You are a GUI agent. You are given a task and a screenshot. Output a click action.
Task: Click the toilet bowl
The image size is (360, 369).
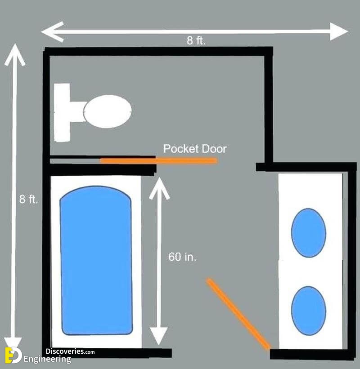pos(108,111)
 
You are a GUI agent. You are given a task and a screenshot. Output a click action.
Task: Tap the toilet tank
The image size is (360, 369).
pos(62,112)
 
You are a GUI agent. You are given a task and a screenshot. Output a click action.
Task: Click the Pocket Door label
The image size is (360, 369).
pos(195,149)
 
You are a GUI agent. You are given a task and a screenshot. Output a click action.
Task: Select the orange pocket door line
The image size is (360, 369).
pos(158,161)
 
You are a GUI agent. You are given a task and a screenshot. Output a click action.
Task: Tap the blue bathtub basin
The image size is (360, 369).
pos(96,260)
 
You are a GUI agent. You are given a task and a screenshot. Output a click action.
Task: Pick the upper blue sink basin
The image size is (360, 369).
pos(309,233)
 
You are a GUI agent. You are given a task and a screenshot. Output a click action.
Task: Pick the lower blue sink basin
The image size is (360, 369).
pos(309,311)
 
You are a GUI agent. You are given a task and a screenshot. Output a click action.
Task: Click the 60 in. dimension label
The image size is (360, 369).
pos(182,257)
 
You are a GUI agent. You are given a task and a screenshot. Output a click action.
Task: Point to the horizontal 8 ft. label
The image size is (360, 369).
pos(196,40)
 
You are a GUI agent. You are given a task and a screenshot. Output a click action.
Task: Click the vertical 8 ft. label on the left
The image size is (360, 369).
pos(28,199)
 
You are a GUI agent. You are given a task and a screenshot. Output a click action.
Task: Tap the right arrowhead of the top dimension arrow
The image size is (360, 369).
pos(339,31)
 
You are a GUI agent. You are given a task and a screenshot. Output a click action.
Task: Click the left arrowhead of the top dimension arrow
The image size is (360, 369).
pos(52,32)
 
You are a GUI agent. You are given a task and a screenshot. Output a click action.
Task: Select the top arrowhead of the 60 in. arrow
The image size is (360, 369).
pos(159,188)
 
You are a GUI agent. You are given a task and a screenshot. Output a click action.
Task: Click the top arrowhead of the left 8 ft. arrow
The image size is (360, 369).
pos(15,54)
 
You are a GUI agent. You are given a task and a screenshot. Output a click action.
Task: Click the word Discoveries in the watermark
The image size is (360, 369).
pos(65,351)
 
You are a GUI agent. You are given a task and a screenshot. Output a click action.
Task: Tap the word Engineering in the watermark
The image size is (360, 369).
pos(47,360)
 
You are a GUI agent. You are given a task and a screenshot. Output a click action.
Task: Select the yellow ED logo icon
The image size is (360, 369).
pos(13,356)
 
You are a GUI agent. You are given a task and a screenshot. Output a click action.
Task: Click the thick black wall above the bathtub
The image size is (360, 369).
pos(102,170)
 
